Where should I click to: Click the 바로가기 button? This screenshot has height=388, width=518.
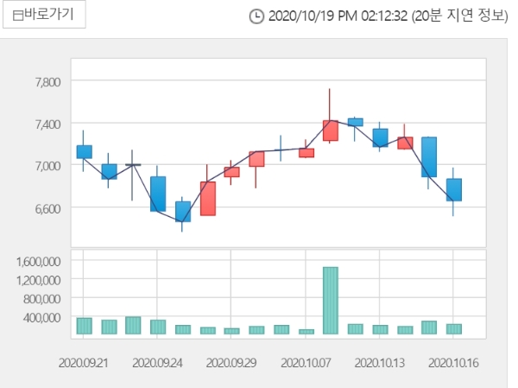43,16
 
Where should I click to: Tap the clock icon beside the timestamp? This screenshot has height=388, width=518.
256,16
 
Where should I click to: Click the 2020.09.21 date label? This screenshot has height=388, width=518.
85,364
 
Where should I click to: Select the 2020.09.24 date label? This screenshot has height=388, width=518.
157,364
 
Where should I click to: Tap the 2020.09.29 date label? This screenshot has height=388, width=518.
231,364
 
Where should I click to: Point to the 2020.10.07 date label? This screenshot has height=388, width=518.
306,364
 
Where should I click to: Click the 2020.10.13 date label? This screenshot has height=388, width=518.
380,364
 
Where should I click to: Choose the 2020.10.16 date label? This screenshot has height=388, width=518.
453,364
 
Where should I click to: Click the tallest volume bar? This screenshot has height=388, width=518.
331,300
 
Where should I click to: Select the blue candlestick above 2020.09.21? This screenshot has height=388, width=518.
84,151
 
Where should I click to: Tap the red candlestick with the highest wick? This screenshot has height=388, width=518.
331,130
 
